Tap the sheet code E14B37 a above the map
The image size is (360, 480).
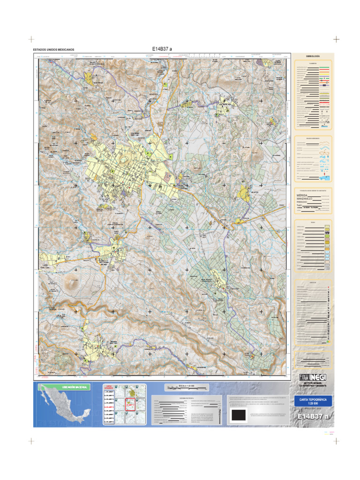[x=162, y=48]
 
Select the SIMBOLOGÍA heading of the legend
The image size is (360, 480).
[x=313, y=56]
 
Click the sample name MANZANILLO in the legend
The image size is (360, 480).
[x=304, y=199]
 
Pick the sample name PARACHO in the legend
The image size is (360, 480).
[x=302, y=202]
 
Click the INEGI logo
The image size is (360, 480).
[x=313, y=377]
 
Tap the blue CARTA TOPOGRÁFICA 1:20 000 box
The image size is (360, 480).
[x=313, y=401]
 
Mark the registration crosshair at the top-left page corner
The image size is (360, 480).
[x=31, y=39]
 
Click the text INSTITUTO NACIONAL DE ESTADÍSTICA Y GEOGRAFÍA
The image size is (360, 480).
[x=313, y=384]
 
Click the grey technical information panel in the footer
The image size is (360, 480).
[x=187, y=411]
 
